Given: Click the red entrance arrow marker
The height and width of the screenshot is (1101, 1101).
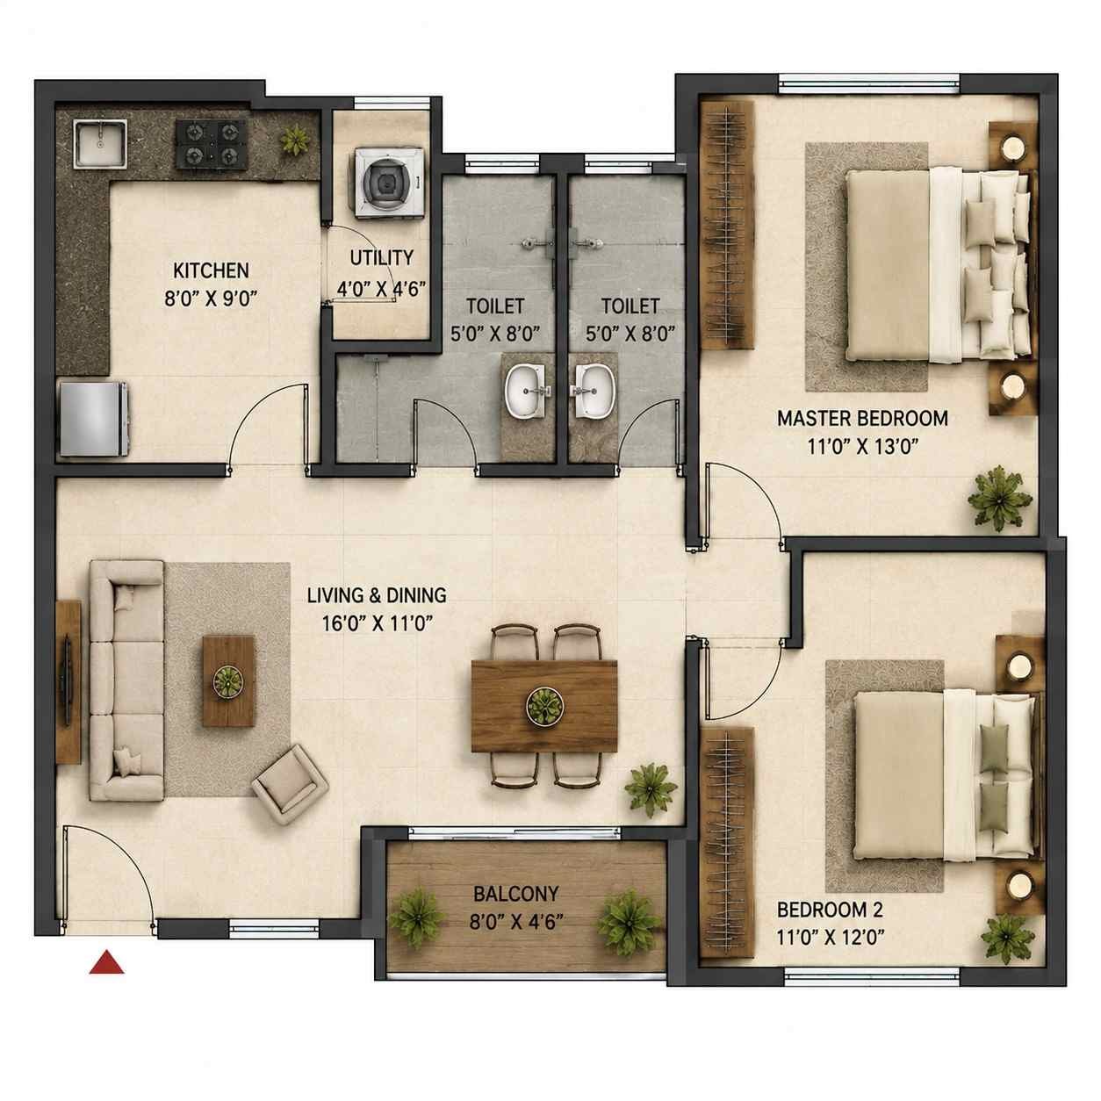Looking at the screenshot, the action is coord(106,961).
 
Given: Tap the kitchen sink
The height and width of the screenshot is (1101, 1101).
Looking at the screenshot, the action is coord(100,144).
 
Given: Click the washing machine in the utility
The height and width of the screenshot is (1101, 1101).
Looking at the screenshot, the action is coord(390,183).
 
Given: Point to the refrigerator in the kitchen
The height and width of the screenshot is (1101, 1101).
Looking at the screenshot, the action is coord(94,420).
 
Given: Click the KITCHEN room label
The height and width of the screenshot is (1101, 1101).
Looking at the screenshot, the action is coord(211,270).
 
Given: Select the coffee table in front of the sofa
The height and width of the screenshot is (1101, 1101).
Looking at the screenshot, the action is coord(228,681).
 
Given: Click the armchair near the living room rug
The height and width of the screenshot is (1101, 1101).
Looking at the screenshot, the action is coord(291,778).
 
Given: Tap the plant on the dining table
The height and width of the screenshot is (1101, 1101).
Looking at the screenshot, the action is coord(543,707).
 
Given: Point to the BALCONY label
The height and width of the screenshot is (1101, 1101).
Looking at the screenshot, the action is coord(516,894).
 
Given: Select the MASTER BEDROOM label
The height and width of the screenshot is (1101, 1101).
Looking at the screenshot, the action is coord(863,418).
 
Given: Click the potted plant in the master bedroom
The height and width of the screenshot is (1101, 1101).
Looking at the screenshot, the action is coord(999,498).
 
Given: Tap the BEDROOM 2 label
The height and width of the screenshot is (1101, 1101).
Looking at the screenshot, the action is coord(831,909).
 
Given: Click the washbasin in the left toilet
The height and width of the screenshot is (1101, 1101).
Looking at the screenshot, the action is coord(526,392).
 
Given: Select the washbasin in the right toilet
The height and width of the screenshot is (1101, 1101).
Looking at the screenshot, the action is coord(594,392).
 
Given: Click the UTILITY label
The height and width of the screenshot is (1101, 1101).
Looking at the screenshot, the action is coord(382,258).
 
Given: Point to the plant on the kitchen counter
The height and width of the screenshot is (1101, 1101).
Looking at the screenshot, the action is coord(295,140).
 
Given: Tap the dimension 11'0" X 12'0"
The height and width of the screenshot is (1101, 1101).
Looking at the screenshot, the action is coord(831,937).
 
